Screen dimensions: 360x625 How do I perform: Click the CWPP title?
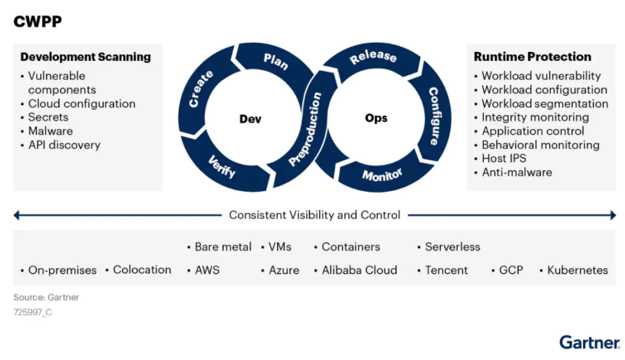(x=38, y=21)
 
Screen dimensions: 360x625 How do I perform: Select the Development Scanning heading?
(x=85, y=57)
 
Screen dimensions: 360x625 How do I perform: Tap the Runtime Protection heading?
(x=532, y=57)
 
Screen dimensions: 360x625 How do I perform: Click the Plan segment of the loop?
(x=276, y=61)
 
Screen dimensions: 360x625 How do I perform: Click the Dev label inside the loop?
(x=250, y=119)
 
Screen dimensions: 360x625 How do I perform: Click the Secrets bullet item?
(x=48, y=117)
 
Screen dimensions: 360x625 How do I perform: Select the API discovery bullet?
(x=64, y=145)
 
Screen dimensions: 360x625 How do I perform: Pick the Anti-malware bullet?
(x=516, y=172)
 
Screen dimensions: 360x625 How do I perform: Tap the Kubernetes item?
(x=577, y=270)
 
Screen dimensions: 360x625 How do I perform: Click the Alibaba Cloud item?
(x=359, y=270)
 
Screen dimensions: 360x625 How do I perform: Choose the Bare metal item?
(x=222, y=247)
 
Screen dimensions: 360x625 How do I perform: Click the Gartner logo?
(x=589, y=342)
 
